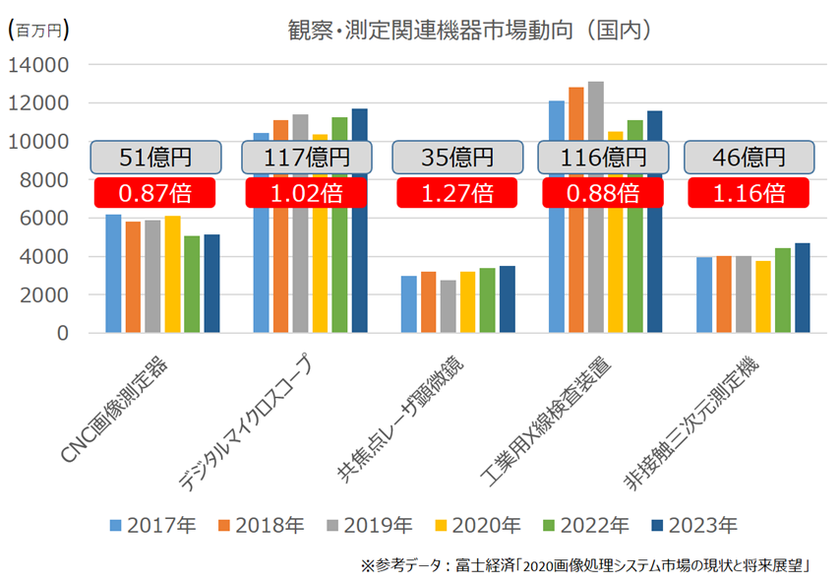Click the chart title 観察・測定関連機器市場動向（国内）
coord(468,30)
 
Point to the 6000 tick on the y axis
coord(44,219)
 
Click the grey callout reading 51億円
coord(155,158)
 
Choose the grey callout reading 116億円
coord(603,158)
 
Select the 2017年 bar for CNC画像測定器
coord(114,274)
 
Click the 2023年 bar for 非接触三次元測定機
coord(802,288)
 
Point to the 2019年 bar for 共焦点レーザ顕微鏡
coord(448,306)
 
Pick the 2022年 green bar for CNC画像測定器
coord(192,285)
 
